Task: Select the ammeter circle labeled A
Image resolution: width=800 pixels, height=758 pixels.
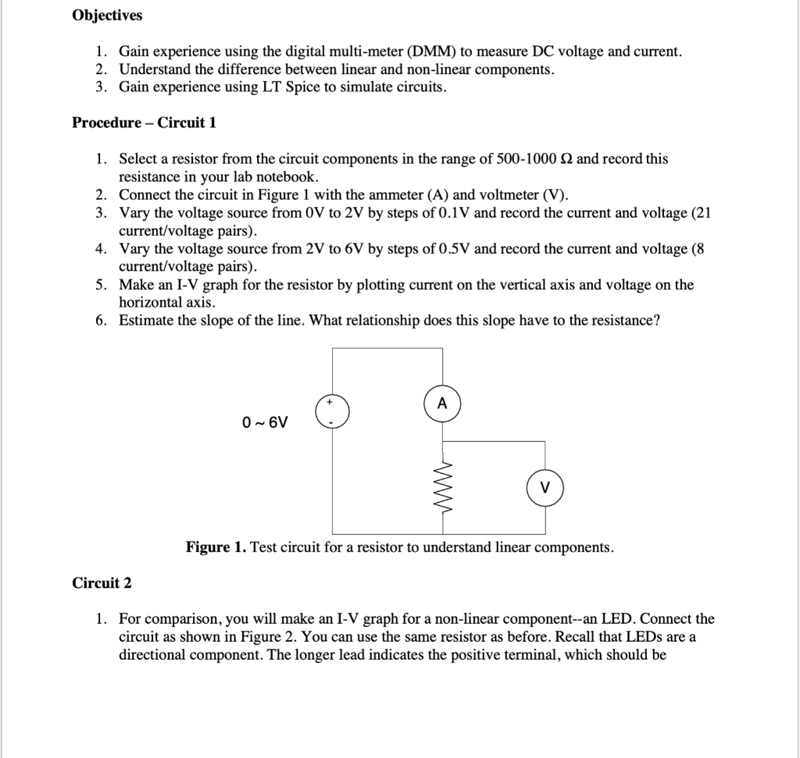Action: pyautogui.click(x=442, y=405)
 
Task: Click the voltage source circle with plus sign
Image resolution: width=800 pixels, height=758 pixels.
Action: pyautogui.click(x=331, y=411)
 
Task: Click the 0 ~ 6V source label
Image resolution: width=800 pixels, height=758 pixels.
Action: pyautogui.click(x=265, y=422)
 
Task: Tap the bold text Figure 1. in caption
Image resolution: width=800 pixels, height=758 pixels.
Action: pyautogui.click(x=216, y=547)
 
